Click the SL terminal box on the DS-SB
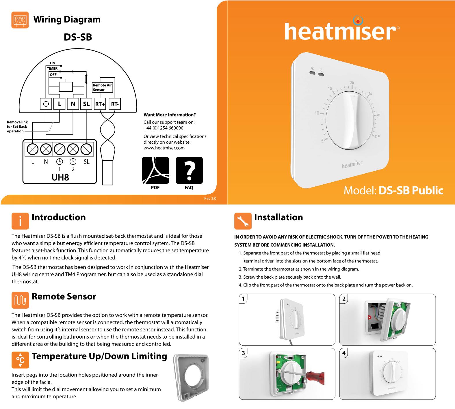[x=86, y=104]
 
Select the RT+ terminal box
[x=100, y=104]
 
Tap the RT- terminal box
[x=115, y=104]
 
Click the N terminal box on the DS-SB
[x=73, y=104]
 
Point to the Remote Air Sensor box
[x=102, y=87]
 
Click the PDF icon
[x=155, y=170]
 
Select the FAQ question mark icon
[x=189, y=170]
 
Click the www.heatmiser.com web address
[x=164, y=148]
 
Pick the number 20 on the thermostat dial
[x=352, y=83]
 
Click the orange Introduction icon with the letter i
[x=20, y=221]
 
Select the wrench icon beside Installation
[x=243, y=221]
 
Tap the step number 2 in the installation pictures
[x=344, y=299]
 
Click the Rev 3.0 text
[x=210, y=198]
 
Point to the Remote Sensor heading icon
[x=20, y=300]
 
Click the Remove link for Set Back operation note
[x=17, y=127]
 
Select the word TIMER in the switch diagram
[x=52, y=69]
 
